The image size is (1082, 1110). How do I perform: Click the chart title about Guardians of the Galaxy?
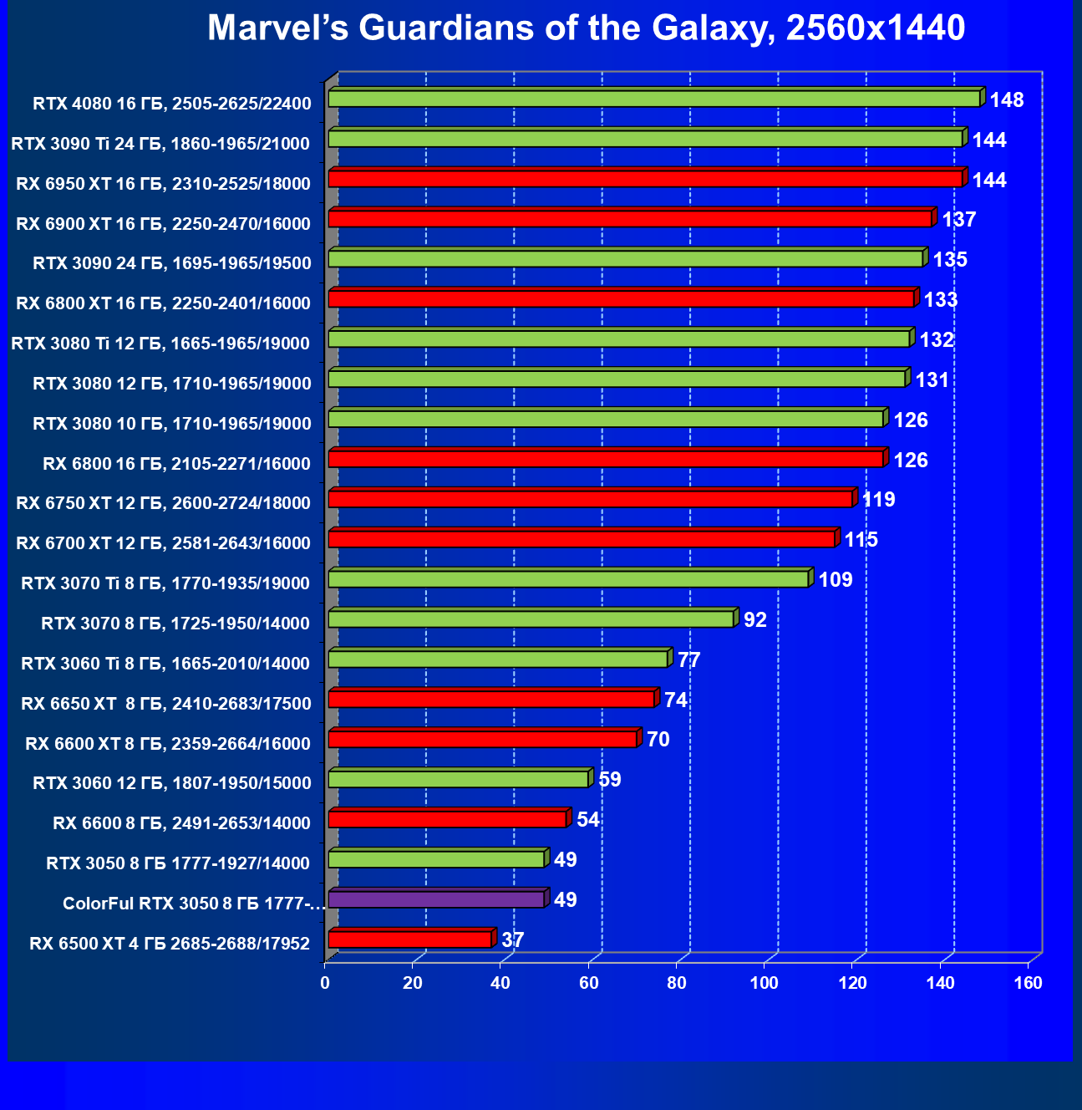click(x=586, y=28)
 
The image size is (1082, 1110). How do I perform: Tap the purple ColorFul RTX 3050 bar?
click(x=435, y=899)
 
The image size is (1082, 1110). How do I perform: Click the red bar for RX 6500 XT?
click(x=409, y=939)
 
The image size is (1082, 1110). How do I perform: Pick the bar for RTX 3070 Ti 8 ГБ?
click(x=568, y=579)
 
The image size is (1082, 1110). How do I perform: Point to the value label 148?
click(x=1007, y=100)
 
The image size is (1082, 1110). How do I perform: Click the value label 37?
click(x=513, y=940)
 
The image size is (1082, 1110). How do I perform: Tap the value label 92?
click(x=755, y=620)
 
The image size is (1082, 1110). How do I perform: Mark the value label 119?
click(x=878, y=500)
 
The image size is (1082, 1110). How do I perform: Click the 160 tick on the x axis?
click(x=1029, y=983)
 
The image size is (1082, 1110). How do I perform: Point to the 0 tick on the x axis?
click(x=325, y=983)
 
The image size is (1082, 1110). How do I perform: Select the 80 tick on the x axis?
click(x=677, y=983)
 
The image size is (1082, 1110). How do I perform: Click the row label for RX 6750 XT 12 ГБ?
click(x=163, y=503)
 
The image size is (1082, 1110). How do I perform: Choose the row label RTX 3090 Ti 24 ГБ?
click(x=160, y=144)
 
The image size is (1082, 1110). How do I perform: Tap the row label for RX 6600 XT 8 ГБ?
click(x=168, y=744)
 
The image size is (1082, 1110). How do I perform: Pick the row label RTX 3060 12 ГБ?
click(x=172, y=783)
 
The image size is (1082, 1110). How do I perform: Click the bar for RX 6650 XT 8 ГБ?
click(x=490, y=699)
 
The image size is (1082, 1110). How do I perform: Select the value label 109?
click(x=836, y=580)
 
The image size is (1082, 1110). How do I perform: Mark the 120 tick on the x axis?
click(x=852, y=983)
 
